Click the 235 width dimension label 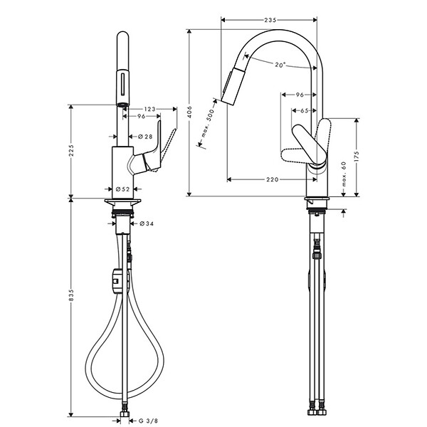click(270, 21)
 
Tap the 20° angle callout click(280, 65)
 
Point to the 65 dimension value click(304, 111)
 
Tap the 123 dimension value click(149, 108)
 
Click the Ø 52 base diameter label click(122, 189)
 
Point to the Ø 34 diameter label click(147, 223)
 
